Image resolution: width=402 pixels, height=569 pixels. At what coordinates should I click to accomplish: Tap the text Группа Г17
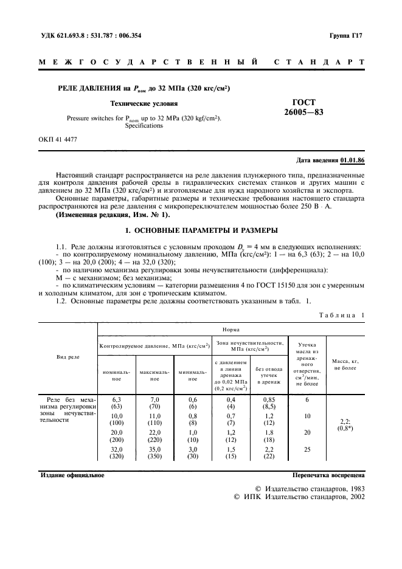[x=347, y=36]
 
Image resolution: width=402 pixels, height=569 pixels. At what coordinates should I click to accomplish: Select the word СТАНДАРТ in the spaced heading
[x=319, y=63]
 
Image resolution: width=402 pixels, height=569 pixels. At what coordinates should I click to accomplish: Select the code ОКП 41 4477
[x=58, y=139]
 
